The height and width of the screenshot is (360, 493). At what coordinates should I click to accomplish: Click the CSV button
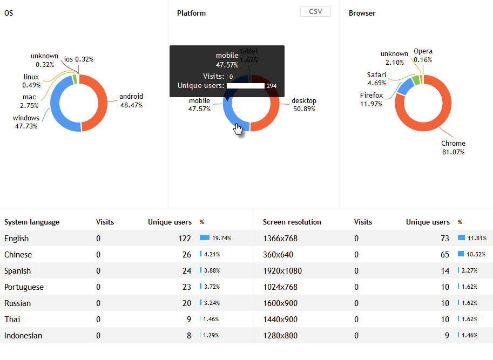click(315, 12)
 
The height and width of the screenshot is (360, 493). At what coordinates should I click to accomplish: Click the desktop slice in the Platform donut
click(273, 108)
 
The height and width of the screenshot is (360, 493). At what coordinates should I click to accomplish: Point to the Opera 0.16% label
click(423, 56)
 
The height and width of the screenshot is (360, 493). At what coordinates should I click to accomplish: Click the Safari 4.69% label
click(376, 79)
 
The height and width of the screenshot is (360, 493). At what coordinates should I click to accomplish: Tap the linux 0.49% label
click(31, 81)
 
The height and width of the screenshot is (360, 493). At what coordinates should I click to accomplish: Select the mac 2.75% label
click(29, 101)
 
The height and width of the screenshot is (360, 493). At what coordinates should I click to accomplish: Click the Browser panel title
click(362, 13)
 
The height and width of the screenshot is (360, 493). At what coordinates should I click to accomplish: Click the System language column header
click(32, 222)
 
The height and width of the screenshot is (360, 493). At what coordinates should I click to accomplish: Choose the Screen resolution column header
click(292, 222)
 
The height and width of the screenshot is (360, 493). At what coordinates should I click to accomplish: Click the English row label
click(16, 238)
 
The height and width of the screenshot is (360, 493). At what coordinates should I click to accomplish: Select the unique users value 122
click(185, 238)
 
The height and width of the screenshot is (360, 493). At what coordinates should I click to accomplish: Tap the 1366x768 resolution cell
click(280, 238)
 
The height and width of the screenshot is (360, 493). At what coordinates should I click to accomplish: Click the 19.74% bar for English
click(205, 237)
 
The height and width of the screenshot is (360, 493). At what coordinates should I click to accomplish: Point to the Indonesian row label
click(23, 335)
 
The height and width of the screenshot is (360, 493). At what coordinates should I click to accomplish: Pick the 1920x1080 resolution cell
click(282, 270)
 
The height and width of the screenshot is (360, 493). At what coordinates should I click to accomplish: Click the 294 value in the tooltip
click(271, 86)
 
